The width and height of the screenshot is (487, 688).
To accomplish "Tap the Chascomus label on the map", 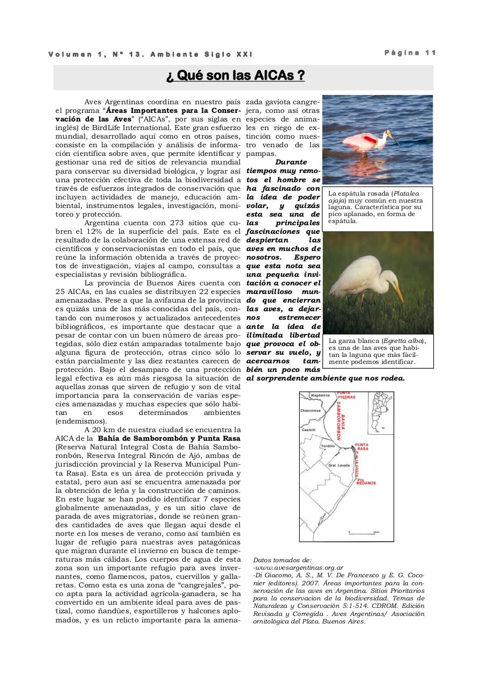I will (x=310, y=411).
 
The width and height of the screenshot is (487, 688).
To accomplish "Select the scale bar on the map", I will (x=364, y=532).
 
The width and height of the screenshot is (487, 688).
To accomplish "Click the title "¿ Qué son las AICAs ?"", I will (x=235, y=76).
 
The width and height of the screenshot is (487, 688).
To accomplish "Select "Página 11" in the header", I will (x=410, y=53).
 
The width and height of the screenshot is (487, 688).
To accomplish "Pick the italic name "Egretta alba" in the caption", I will (x=403, y=341).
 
